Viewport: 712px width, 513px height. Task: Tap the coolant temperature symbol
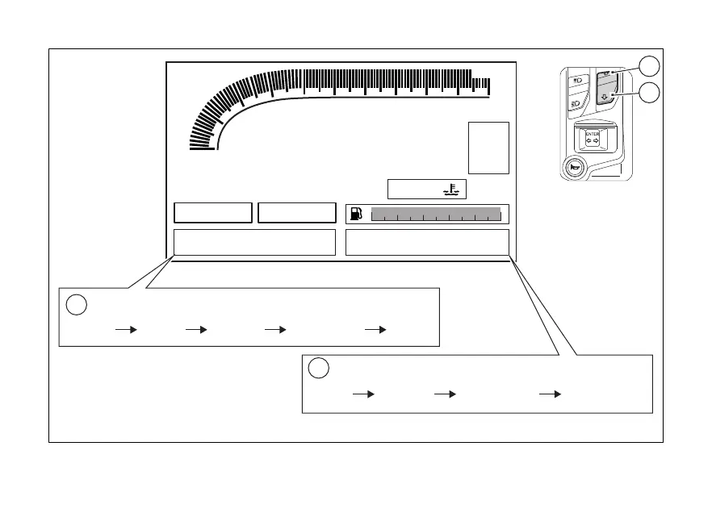450,190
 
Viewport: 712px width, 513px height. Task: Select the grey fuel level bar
436,214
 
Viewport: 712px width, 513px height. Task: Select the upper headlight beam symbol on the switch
577,81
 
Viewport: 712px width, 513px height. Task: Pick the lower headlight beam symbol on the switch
577,103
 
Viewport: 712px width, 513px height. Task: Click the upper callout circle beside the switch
649,66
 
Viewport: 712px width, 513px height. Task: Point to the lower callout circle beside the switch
649,94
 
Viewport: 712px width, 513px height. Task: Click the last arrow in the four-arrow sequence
375,330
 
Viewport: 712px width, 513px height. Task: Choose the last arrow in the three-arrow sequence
549,394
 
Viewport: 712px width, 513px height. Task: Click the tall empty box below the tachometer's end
488,148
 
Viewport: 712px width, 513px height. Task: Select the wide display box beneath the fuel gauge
427,242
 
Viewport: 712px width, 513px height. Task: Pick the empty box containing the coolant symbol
427,189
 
